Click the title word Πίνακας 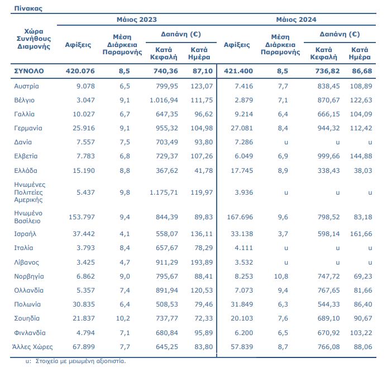[28, 8]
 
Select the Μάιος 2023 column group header [137, 20]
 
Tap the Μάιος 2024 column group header [296, 20]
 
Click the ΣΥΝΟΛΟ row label [29, 71]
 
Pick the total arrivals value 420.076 [80, 71]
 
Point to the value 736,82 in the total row [327, 71]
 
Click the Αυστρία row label [26, 86]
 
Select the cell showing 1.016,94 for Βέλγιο [164, 100]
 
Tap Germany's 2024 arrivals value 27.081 [242, 128]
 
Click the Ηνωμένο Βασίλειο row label [28, 217]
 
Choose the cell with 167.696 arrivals [240, 217]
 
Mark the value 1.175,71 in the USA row [164, 192]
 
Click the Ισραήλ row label [25, 234]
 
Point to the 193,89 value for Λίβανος [202, 262]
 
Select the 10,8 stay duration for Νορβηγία [281, 276]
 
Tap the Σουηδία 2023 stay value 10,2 [123, 318]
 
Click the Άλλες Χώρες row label [32, 347]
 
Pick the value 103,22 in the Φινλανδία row [361, 333]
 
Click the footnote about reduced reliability [76, 361]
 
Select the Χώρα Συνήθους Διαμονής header [34, 39]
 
